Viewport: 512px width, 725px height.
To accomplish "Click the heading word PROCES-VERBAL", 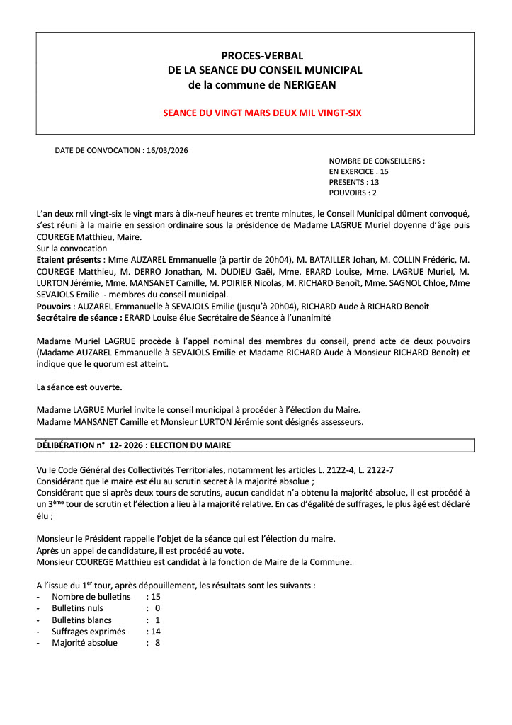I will [x=255, y=55].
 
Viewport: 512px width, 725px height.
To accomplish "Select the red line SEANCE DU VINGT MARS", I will [x=256, y=113].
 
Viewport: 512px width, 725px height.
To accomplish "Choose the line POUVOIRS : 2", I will [x=353, y=193].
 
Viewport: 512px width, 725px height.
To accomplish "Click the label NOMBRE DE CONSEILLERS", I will [x=376, y=161].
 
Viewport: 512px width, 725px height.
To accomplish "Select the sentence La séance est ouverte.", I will [x=79, y=387].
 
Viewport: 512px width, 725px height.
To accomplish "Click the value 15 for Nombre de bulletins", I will [x=156, y=597].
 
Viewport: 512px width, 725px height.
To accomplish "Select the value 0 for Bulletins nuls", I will [x=157, y=608].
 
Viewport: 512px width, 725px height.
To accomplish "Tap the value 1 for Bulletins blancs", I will [x=157, y=620].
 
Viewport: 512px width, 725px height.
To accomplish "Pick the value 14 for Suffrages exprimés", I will [x=156, y=632].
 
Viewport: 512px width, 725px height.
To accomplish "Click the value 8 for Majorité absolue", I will [x=157, y=643].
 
